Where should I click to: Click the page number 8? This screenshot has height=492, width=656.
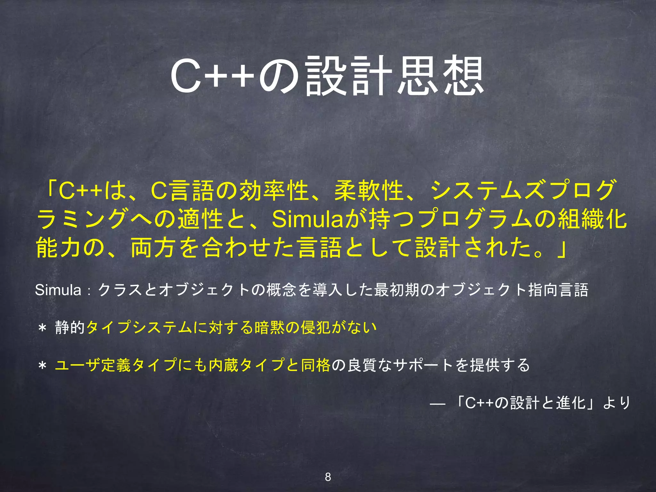[328, 477]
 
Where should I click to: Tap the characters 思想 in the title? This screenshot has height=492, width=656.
[441, 76]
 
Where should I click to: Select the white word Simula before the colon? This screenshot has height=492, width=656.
[58, 290]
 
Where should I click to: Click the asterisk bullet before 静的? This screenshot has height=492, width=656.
[42, 328]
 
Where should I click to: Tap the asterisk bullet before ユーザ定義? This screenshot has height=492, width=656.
[42, 366]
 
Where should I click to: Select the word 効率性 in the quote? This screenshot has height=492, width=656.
[274, 191]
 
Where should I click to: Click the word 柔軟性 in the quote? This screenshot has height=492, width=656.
[368, 191]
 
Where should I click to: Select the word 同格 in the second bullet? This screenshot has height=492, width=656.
[316, 365]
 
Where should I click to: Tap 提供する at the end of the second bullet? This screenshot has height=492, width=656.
[500, 365]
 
